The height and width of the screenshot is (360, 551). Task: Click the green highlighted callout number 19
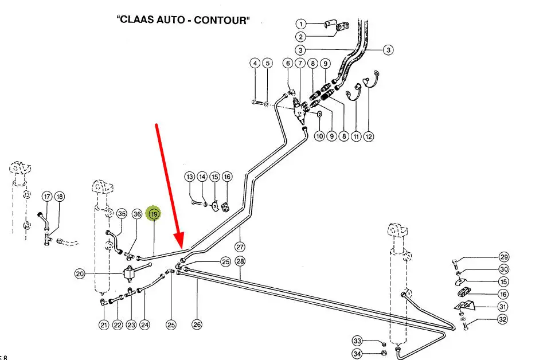154,214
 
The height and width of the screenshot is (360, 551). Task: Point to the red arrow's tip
182,247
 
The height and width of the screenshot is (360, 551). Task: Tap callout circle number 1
301,24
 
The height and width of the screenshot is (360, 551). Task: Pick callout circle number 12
369,136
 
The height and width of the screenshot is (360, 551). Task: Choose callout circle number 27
240,247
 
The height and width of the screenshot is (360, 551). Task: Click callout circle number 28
240,261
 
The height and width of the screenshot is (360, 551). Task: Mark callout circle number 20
80,274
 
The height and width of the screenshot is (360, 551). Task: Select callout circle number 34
357,354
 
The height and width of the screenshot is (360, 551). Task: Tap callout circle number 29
503,257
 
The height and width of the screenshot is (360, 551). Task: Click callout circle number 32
502,319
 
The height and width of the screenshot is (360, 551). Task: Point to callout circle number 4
255,63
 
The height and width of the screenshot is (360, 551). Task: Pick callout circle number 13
190,177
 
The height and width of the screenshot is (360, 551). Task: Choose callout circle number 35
121,214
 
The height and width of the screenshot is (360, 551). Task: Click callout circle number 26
197,325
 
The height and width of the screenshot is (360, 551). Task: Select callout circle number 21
104,325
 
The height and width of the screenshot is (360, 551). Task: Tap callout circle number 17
47,197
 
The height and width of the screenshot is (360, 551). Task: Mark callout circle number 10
319,136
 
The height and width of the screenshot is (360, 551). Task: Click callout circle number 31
503,307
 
